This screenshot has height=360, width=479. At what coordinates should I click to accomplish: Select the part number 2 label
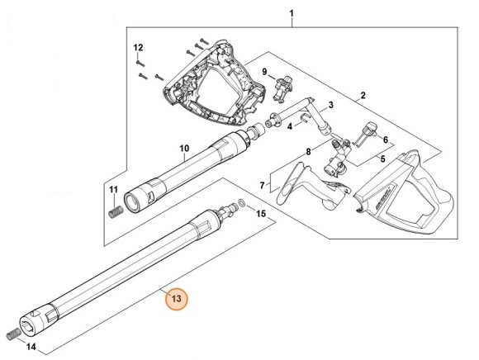[x=362, y=97]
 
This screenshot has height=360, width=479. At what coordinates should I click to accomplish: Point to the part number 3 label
[x=330, y=106]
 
